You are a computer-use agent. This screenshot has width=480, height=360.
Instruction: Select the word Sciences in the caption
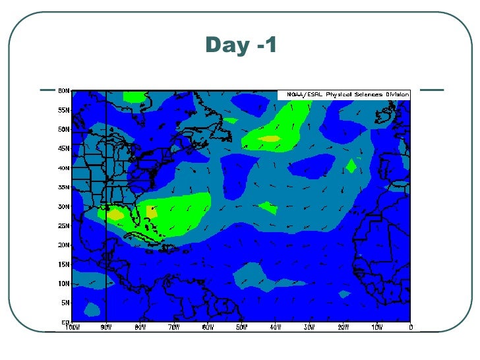[369, 94]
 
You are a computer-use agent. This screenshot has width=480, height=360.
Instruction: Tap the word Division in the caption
[396, 94]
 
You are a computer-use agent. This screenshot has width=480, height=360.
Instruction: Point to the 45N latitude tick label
[63, 148]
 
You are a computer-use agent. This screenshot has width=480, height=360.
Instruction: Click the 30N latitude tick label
[63, 206]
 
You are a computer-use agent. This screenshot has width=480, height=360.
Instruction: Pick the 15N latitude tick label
[63, 264]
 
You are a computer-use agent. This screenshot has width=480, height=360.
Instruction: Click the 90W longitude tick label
[106, 326]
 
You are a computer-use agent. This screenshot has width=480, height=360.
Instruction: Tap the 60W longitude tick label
[208, 326]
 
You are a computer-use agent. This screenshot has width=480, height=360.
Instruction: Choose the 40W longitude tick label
[276, 326]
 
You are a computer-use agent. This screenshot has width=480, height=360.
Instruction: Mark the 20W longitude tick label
[343, 326]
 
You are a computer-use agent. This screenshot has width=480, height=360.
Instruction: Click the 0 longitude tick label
[410, 326]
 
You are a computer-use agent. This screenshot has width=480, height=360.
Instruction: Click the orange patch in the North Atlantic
[270, 138]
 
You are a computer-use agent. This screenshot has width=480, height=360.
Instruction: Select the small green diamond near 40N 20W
[351, 166]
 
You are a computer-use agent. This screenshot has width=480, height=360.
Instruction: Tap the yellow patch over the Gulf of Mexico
[115, 214]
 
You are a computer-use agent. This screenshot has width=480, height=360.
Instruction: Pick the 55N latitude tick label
[63, 109]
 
